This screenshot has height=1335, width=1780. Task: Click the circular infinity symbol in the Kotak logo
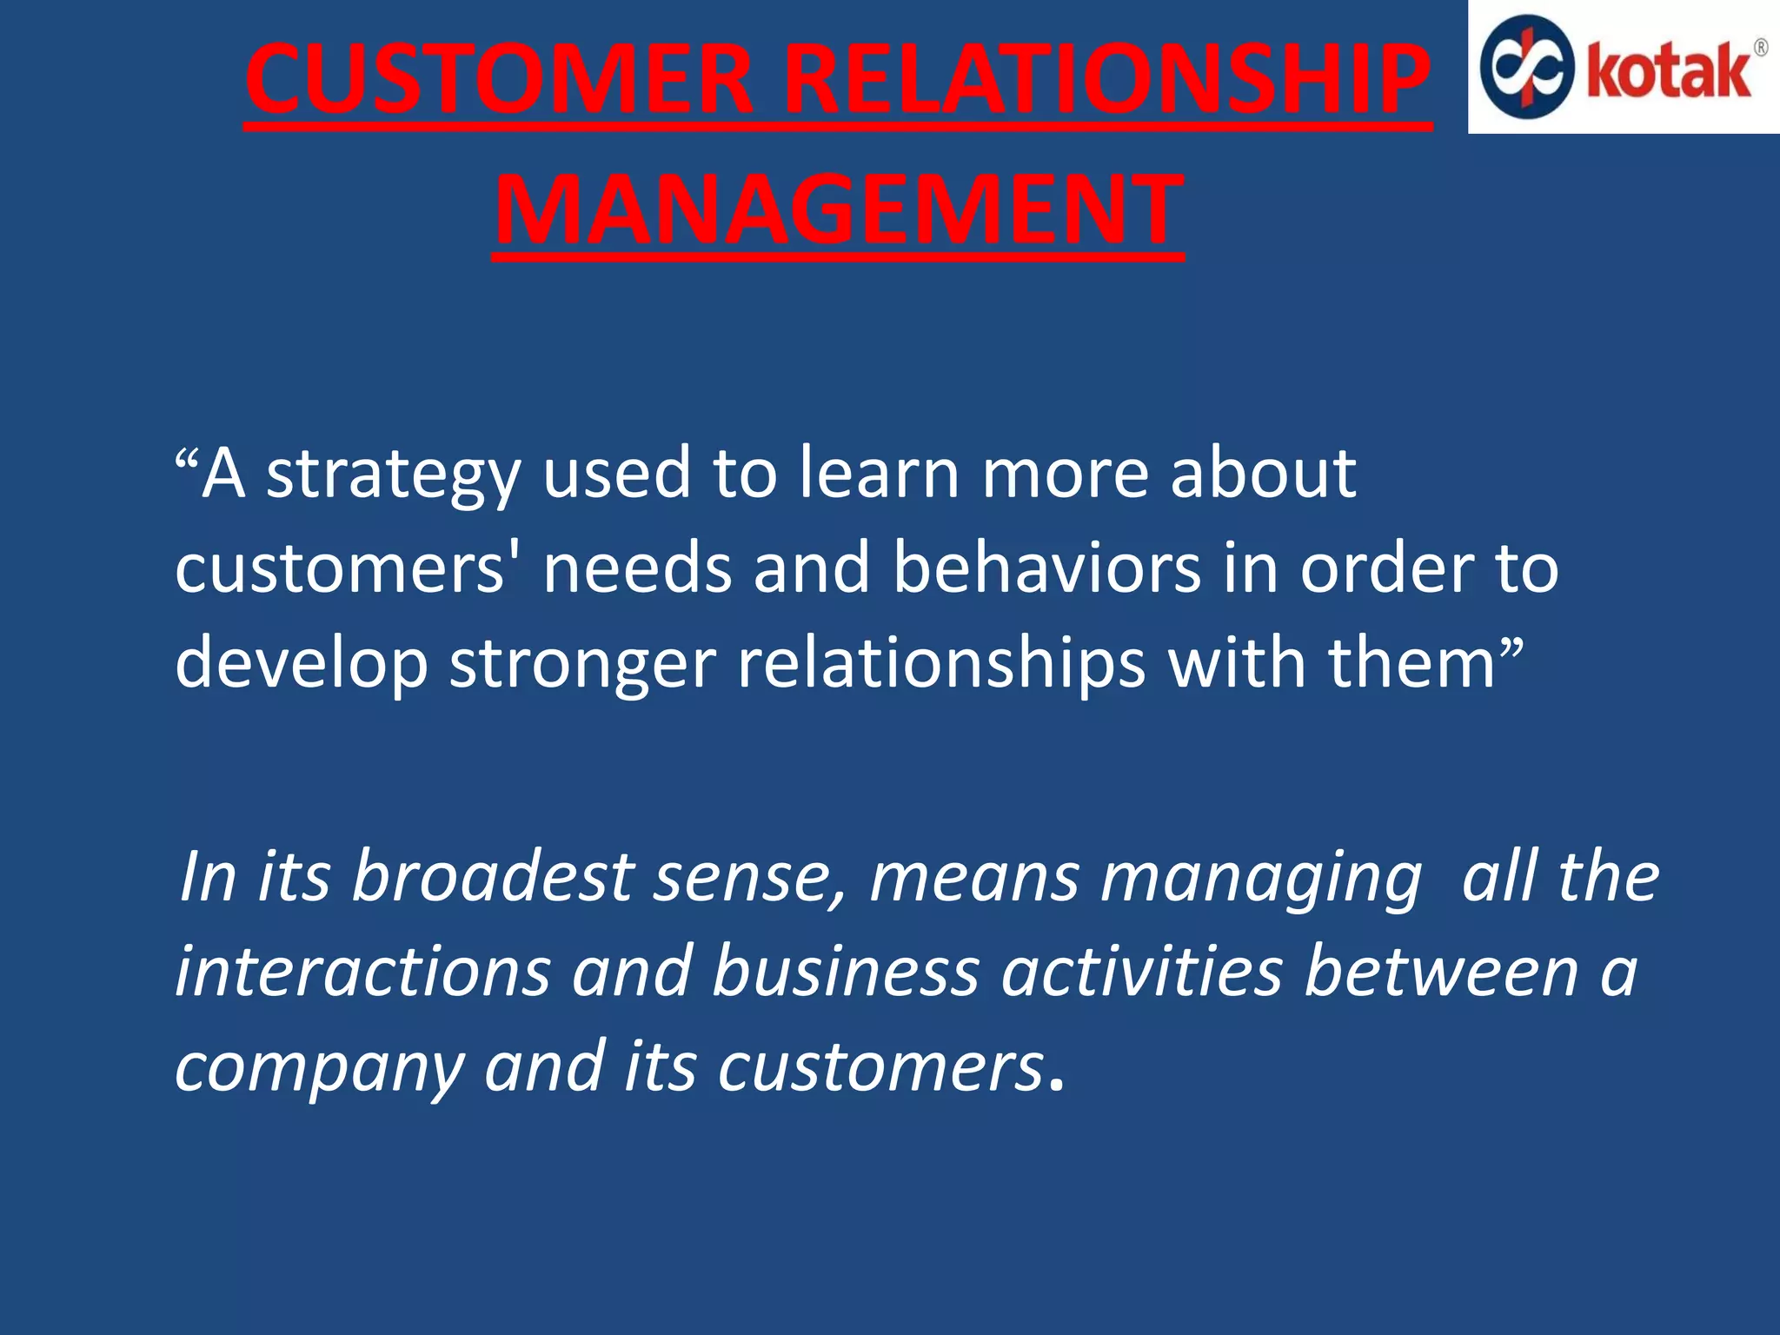click(1527, 67)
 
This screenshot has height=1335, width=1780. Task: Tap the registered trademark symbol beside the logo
click(1760, 48)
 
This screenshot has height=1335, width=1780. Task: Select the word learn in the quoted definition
click(878, 473)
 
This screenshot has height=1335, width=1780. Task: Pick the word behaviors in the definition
click(1046, 568)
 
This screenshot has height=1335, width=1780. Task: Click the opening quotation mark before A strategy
click(186, 457)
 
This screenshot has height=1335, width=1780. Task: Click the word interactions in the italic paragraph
click(362, 971)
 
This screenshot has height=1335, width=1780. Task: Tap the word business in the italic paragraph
click(845, 971)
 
